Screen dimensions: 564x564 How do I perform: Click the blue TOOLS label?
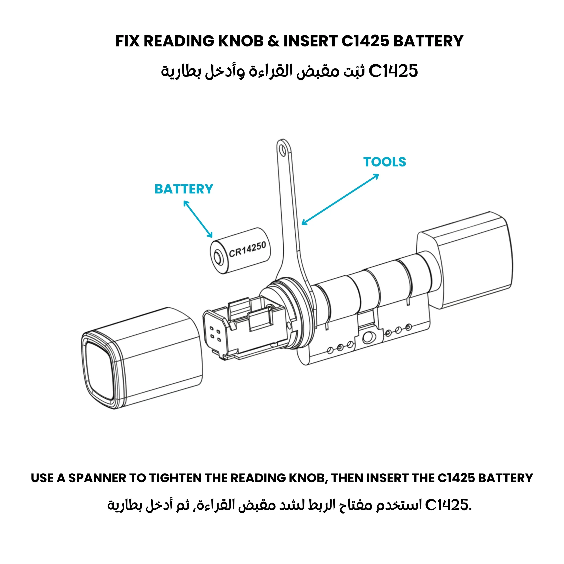(384, 162)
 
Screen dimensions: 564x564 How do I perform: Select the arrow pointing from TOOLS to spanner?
(340, 199)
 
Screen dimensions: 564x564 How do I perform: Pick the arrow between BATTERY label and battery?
(198, 219)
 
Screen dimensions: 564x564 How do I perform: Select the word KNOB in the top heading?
(241, 41)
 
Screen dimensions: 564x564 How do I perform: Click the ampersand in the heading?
(273, 41)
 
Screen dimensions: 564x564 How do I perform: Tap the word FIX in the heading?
(127, 41)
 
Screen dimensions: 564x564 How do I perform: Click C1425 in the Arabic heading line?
(393, 71)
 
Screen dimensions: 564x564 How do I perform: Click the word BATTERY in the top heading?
(428, 41)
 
